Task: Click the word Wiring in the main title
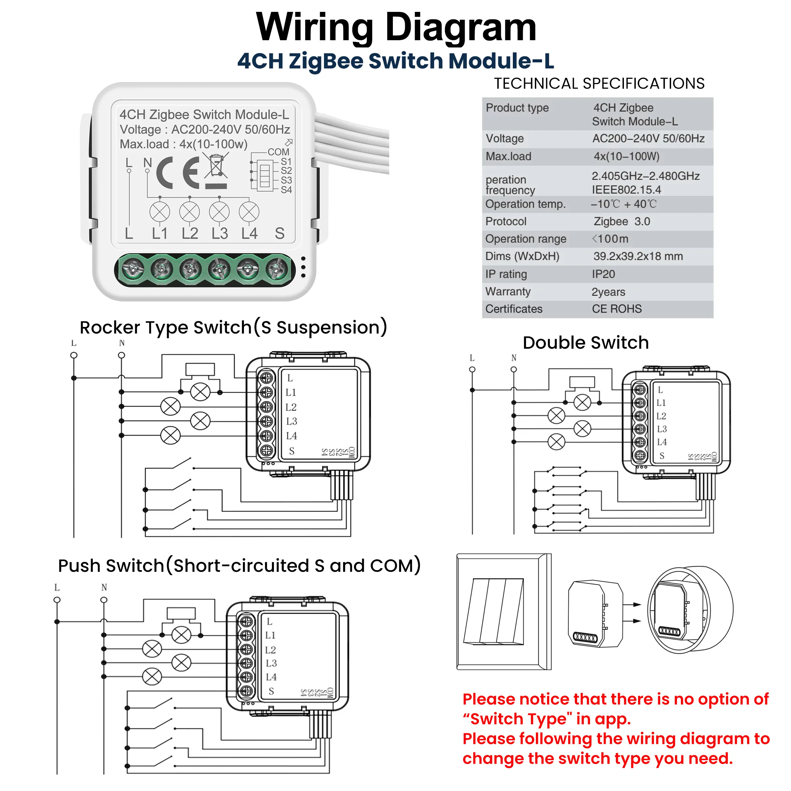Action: tap(314, 28)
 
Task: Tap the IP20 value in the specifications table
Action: tap(603, 274)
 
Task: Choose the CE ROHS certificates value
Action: tap(617, 309)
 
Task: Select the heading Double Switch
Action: tap(586, 343)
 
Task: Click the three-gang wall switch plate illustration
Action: tap(504, 612)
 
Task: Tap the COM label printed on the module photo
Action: tap(278, 152)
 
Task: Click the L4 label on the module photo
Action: tap(249, 234)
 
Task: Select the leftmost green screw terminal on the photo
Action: tap(133, 270)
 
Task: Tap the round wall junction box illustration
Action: tap(690, 610)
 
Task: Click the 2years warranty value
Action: tap(608, 292)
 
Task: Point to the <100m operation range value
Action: tap(610, 239)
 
